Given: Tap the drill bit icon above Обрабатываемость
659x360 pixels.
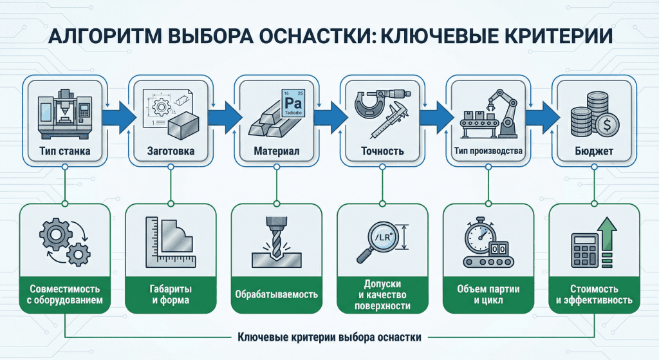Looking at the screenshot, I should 275,240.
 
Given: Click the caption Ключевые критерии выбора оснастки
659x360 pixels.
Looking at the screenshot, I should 329,337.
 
